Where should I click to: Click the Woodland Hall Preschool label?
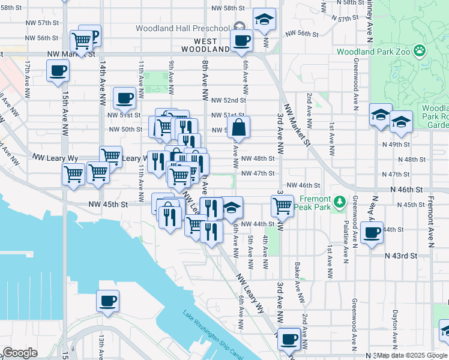coord(182,28)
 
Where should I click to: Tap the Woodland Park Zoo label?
coord(372,52)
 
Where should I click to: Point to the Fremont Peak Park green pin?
coord(340,201)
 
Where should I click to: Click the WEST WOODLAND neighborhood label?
coord(203,45)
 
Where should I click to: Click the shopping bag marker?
coord(238,127)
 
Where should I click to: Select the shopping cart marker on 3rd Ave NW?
coord(282,206)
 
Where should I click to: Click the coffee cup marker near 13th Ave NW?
coord(107,301)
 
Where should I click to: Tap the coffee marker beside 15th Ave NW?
coord(58,70)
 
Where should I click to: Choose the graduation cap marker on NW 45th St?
coord(232,208)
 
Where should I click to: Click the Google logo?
coord(19,353)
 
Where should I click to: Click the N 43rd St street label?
coord(401,256)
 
